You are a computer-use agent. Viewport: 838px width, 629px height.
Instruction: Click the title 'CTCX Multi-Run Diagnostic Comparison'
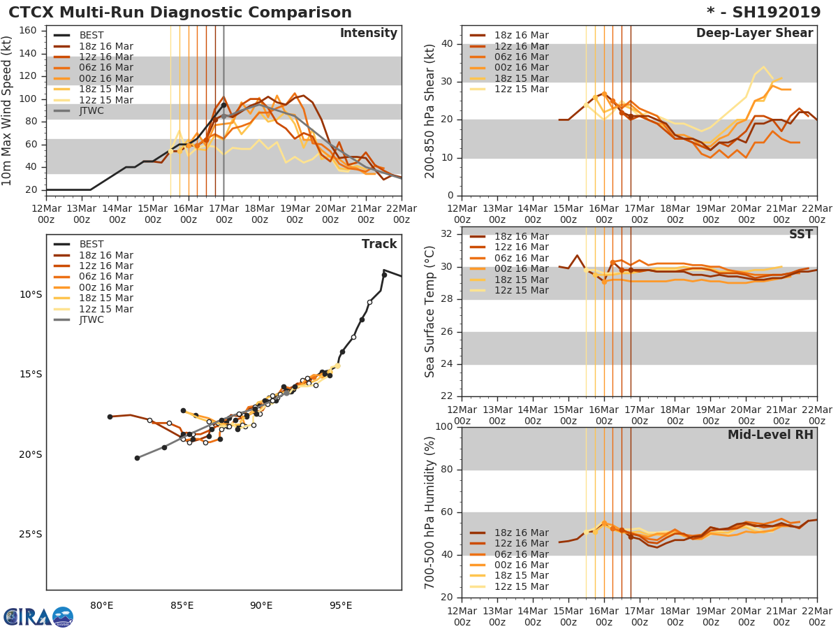180,13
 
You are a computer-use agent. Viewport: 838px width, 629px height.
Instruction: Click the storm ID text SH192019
772,13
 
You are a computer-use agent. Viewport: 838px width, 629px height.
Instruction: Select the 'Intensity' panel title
368,34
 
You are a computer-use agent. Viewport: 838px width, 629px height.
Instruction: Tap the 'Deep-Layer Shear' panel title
754,34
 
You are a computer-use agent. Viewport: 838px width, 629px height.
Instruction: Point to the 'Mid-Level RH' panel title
770,435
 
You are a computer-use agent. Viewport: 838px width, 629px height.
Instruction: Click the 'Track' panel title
379,244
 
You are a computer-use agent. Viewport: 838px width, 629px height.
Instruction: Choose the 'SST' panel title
801,234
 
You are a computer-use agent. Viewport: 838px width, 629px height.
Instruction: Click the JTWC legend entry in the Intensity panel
91,110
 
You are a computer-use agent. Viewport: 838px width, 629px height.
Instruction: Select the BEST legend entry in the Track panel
91,244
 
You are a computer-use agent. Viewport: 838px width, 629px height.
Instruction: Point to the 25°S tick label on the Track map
30,535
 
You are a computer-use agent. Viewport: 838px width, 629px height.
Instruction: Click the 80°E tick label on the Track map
102,605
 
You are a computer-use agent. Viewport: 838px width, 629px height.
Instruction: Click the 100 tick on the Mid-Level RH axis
444,426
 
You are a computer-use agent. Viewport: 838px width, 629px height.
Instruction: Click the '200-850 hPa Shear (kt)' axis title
431,110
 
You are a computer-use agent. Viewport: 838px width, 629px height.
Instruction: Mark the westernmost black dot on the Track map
110,417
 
